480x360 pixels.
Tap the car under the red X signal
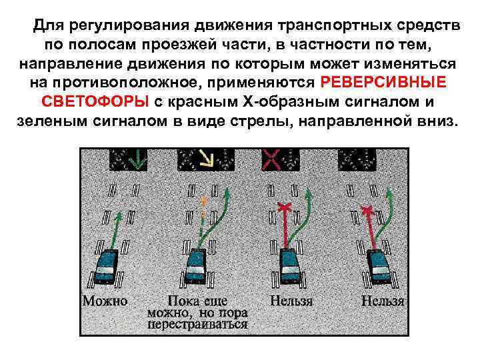(x=290, y=266)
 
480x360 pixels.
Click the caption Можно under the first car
(x=105, y=301)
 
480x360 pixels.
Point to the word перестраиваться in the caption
(x=197, y=325)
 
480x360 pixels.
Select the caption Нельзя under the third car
(x=291, y=301)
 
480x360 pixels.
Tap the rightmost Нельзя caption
(x=383, y=301)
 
